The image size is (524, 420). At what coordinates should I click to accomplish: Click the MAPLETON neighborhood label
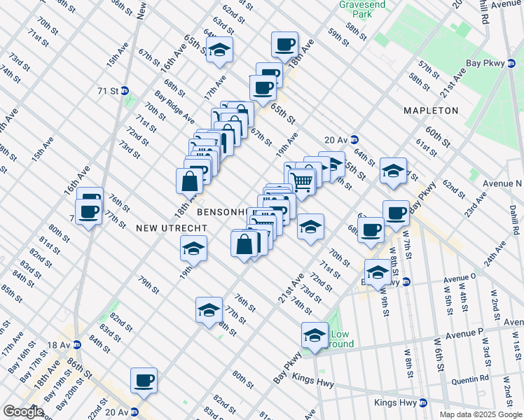tap(431, 111)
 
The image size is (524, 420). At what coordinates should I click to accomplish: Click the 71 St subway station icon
tap(125, 91)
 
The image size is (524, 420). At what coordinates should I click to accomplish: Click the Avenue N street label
tap(503, 183)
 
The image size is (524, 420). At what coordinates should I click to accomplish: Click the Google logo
tap(23, 412)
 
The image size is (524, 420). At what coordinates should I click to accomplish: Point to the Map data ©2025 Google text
tap(481, 414)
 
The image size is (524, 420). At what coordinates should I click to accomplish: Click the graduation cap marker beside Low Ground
tap(315, 336)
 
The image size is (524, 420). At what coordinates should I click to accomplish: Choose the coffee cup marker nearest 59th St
tap(284, 45)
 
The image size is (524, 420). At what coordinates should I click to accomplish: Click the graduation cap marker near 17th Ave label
tap(220, 50)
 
